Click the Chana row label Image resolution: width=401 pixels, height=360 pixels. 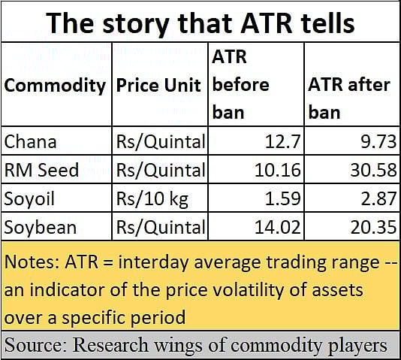point(30,141)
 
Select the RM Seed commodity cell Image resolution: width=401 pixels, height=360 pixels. point(41,170)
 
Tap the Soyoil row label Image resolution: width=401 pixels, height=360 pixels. point(29,199)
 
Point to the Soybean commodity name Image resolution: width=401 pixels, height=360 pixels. point(41,227)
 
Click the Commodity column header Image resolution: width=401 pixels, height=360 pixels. point(55,86)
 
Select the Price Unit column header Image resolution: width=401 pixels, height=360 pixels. point(158,85)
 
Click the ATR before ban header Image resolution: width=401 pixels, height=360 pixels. point(240,85)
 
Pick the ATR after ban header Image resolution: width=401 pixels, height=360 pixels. point(349,98)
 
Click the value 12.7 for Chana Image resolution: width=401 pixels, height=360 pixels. point(282,141)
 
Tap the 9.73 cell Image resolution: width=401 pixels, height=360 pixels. point(378,141)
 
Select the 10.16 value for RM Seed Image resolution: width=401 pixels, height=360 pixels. point(278,170)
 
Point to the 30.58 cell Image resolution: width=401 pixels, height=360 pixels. point(374,170)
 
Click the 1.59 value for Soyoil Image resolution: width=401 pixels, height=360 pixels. point(282,198)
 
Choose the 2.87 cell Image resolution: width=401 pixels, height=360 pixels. point(378,198)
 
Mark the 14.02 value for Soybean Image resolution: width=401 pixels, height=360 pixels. point(278,227)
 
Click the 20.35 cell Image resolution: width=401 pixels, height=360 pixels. point(374,227)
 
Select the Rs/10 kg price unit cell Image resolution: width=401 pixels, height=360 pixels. point(152,199)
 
